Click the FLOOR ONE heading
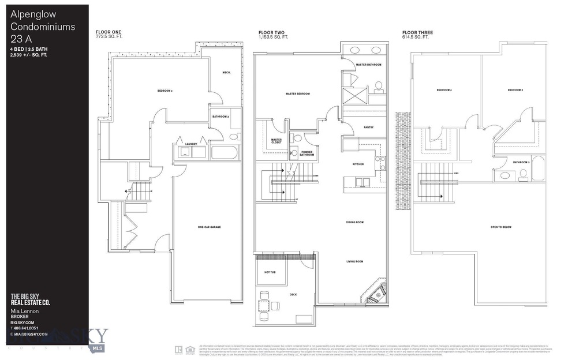coord(109,32)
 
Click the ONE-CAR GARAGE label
coord(209,227)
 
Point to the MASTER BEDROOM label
coord(298,93)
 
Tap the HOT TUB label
coord(270,272)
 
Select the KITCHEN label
coord(358,164)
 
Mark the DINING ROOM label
coord(354,222)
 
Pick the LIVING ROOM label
coord(354,261)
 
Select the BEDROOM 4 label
coord(444,90)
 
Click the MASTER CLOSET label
coord(276,141)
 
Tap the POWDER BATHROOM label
coord(307,154)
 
